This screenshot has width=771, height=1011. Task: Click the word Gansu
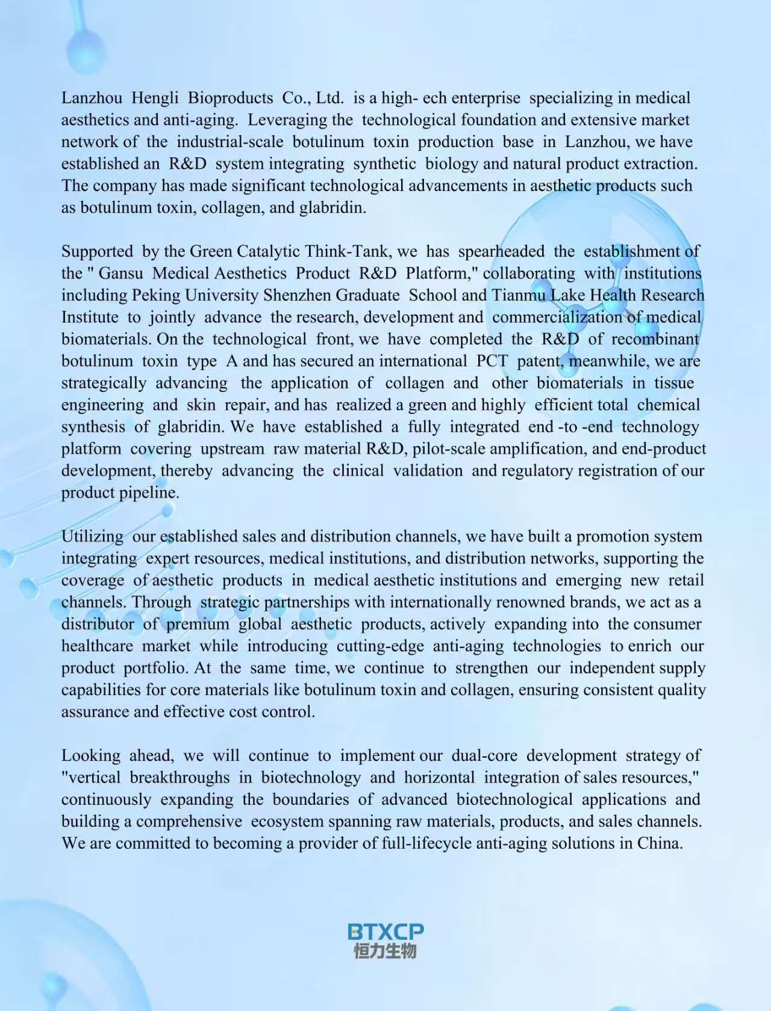click(x=120, y=273)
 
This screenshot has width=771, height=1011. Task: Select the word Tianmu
click(x=519, y=295)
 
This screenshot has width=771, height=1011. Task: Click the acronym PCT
click(x=492, y=361)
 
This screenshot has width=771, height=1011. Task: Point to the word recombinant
click(x=655, y=339)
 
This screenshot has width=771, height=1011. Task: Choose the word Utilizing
click(x=92, y=536)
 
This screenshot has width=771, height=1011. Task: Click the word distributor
click(x=98, y=624)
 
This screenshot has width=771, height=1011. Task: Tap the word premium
click(x=198, y=624)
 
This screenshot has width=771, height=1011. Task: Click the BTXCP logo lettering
click(x=385, y=931)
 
